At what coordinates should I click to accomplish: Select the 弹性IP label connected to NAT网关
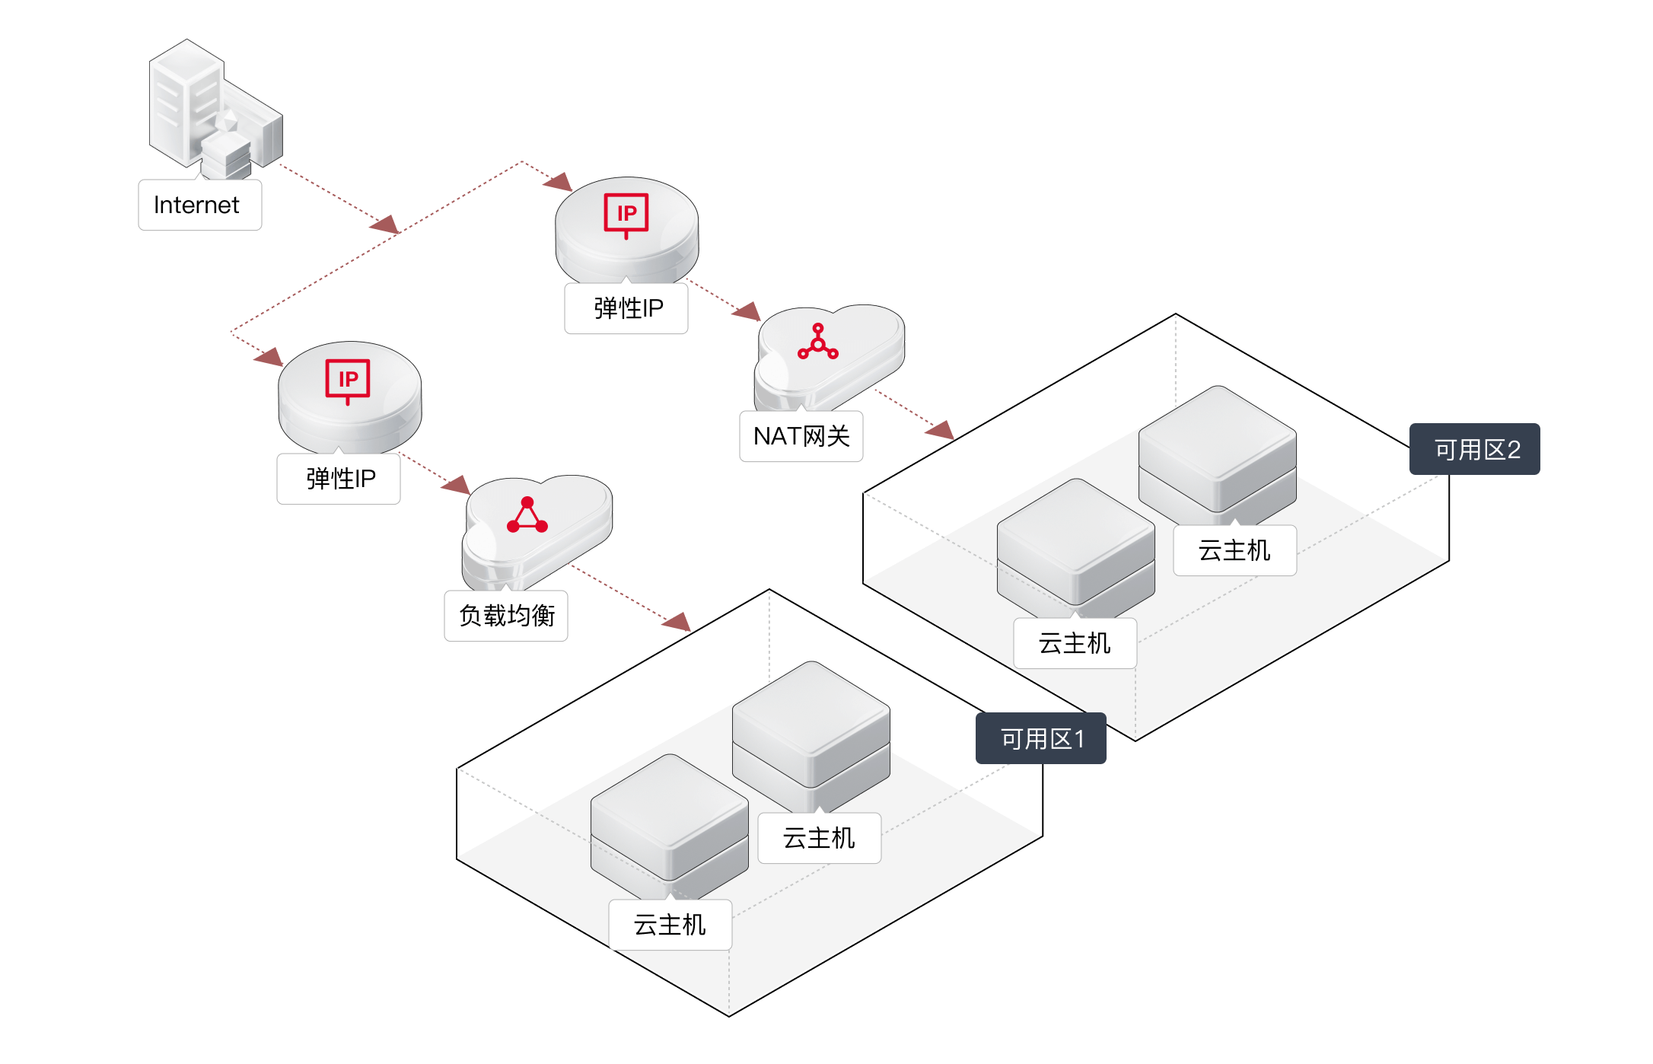tap(626, 308)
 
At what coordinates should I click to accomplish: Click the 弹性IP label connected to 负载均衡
tap(339, 479)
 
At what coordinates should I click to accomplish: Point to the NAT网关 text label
tap(801, 436)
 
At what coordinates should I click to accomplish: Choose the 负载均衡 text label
tap(506, 616)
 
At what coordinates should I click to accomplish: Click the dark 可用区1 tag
tap(1040, 738)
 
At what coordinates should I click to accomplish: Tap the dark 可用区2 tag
tap(1474, 449)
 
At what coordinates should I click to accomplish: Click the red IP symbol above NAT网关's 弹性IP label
tap(626, 214)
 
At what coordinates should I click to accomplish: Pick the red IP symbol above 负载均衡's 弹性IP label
tap(348, 379)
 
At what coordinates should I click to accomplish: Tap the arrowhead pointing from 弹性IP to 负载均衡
tap(457, 484)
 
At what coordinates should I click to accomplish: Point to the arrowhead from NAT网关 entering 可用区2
tap(941, 430)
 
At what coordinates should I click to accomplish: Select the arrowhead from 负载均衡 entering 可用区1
tap(677, 622)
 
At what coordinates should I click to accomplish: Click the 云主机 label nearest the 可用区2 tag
tap(1234, 550)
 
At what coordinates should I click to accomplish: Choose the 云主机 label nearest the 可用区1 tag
tap(819, 838)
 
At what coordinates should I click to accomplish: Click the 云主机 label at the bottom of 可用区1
tap(670, 925)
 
